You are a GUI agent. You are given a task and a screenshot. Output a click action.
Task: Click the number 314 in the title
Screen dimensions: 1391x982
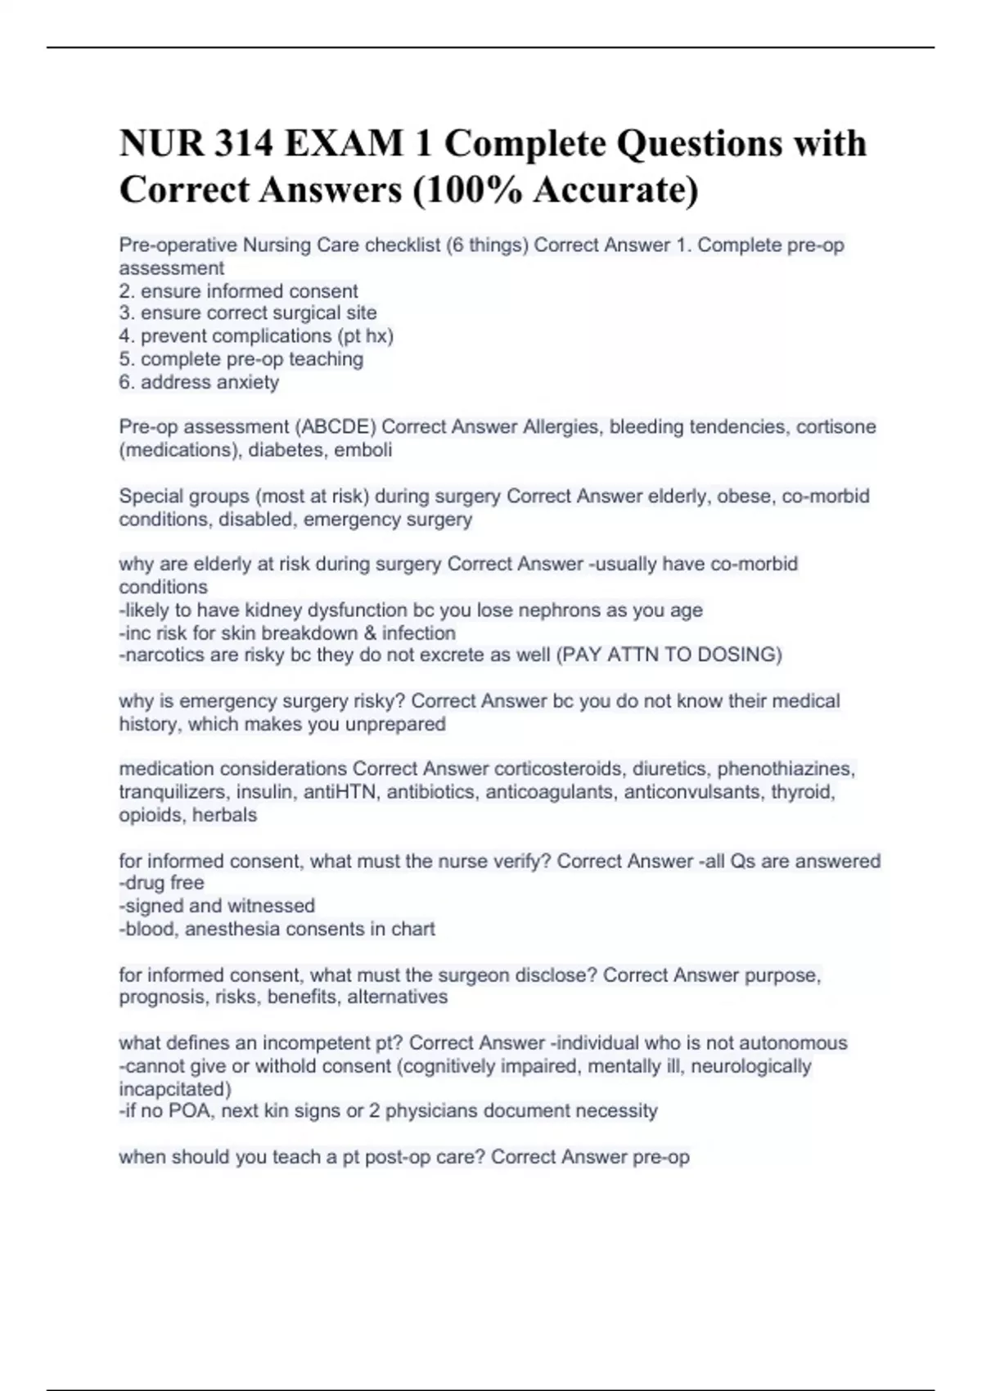click(x=244, y=144)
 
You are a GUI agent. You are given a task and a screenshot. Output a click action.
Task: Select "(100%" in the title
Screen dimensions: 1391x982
click(x=467, y=190)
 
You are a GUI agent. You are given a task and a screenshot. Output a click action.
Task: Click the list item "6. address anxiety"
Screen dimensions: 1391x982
click(x=199, y=382)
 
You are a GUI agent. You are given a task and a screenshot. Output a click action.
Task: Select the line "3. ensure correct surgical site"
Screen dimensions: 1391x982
click(x=248, y=313)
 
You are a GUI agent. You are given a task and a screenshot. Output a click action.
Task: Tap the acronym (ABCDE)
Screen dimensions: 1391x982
click(x=335, y=427)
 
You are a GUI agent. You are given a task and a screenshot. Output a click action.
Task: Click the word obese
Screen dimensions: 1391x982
click(x=744, y=497)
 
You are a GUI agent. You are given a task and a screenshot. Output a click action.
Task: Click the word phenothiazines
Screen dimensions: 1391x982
click(x=786, y=769)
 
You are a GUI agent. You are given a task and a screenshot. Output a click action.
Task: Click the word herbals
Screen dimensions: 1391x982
click(x=222, y=815)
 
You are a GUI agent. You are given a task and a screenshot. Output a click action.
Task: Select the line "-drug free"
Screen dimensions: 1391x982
click(x=161, y=883)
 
